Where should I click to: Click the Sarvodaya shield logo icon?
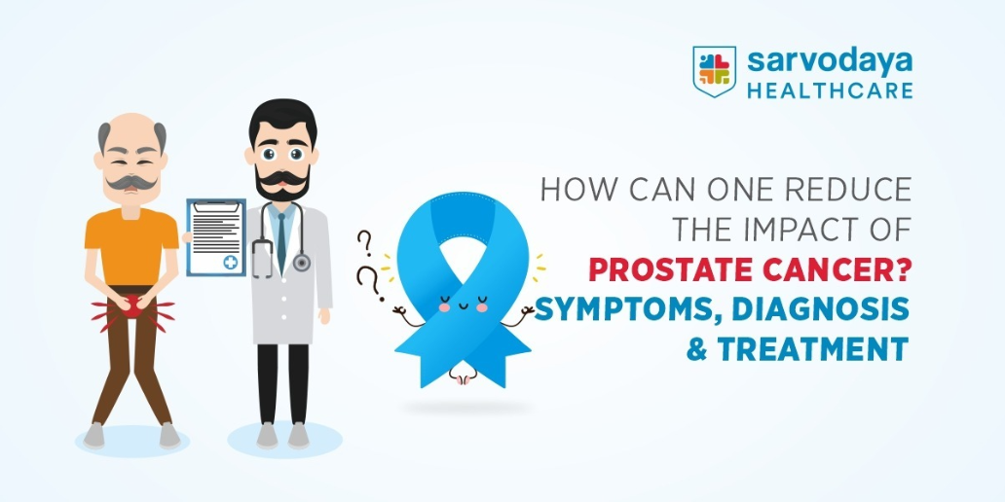(x=714, y=71)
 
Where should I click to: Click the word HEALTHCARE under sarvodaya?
(x=830, y=90)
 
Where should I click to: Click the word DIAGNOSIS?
(x=820, y=310)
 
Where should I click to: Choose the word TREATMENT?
(x=813, y=349)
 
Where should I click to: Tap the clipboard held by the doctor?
(x=216, y=237)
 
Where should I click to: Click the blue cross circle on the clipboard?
(x=230, y=262)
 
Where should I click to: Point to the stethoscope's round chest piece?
(x=301, y=263)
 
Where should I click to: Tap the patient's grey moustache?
(x=131, y=183)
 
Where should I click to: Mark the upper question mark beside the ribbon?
(x=364, y=243)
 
